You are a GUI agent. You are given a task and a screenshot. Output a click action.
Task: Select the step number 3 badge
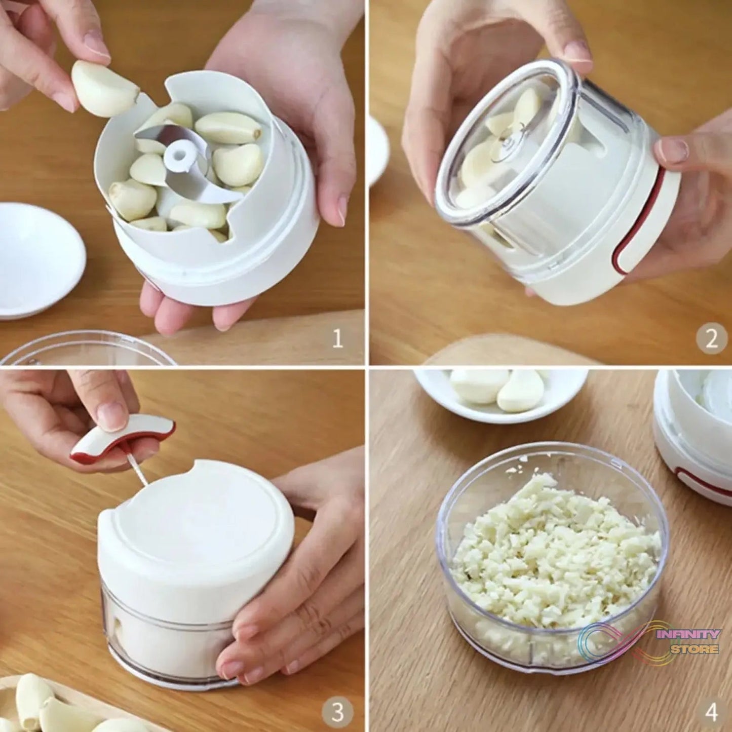click(x=337, y=711)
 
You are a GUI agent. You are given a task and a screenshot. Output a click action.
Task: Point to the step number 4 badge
click(x=711, y=711)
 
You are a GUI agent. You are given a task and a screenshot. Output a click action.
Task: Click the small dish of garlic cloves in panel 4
click(x=499, y=393)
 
